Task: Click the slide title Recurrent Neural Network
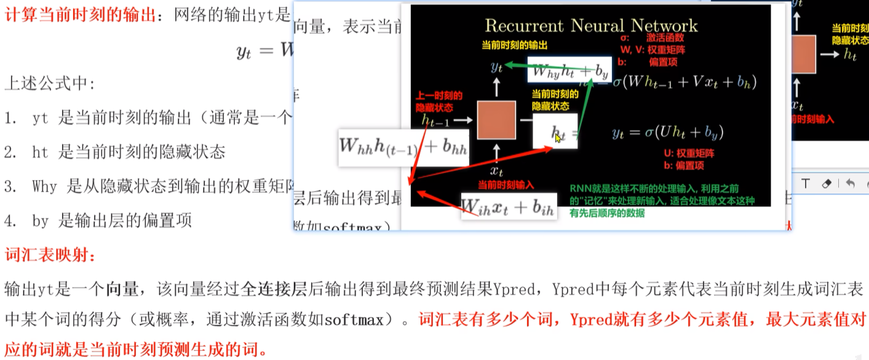[591, 25]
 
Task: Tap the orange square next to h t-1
[496, 120]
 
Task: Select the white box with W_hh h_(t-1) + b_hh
[403, 147]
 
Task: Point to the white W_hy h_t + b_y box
[569, 71]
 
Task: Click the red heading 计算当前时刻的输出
[80, 15]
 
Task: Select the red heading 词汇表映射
[49, 254]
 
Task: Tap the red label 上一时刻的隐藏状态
[438, 101]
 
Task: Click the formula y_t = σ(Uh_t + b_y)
[667, 132]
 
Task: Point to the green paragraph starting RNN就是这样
[662, 201]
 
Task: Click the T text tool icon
[805, 183]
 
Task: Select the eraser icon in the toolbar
[827, 183]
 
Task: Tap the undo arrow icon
[851, 183]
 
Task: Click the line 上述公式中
[50, 83]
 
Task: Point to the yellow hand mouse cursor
[558, 138]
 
